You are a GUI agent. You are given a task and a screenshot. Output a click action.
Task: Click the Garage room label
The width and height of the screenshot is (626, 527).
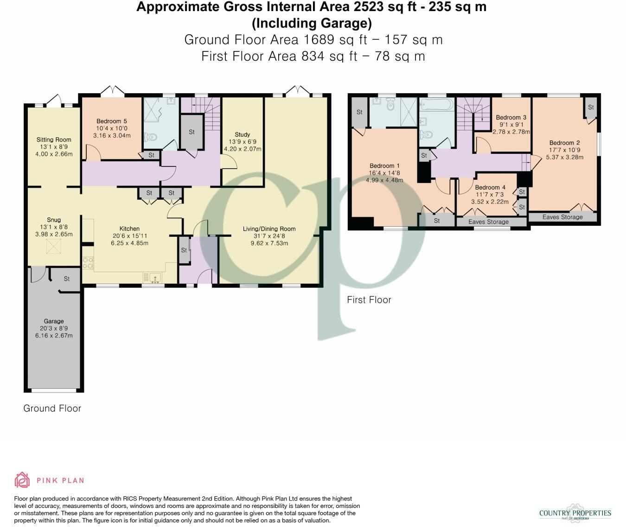(x=54, y=321)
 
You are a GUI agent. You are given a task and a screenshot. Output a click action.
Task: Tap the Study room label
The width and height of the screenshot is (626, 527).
(x=242, y=134)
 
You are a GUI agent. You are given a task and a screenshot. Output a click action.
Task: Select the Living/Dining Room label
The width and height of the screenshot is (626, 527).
(x=269, y=229)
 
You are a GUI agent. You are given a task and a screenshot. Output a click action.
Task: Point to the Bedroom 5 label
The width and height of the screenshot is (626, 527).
(x=112, y=121)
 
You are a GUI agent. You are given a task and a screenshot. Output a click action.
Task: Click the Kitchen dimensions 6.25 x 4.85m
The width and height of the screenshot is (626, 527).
(x=129, y=243)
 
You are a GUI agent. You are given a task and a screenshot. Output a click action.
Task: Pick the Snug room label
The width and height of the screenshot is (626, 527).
(x=54, y=220)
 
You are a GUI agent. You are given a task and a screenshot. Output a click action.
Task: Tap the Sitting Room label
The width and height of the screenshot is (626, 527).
(x=54, y=140)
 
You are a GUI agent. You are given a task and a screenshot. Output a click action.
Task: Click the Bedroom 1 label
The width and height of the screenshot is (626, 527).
(x=384, y=165)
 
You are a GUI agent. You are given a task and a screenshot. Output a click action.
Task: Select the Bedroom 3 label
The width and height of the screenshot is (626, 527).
(x=511, y=117)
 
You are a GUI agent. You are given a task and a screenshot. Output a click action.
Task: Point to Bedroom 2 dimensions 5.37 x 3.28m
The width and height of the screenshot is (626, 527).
(x=564, y=157)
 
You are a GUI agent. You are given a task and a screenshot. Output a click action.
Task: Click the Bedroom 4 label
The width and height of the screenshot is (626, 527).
(x=490, y=187)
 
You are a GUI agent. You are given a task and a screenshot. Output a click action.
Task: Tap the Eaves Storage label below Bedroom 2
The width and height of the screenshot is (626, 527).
(x=562, y=217)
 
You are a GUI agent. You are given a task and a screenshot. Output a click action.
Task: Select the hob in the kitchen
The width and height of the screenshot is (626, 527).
(x=88, y=263)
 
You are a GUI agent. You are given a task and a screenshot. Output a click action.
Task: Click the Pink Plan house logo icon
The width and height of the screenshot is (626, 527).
(x=22, y=480)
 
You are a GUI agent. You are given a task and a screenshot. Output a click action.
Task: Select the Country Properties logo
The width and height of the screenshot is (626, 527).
(x=575, y=513)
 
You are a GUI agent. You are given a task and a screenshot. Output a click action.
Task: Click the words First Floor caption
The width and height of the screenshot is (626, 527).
(x=369, y=300)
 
